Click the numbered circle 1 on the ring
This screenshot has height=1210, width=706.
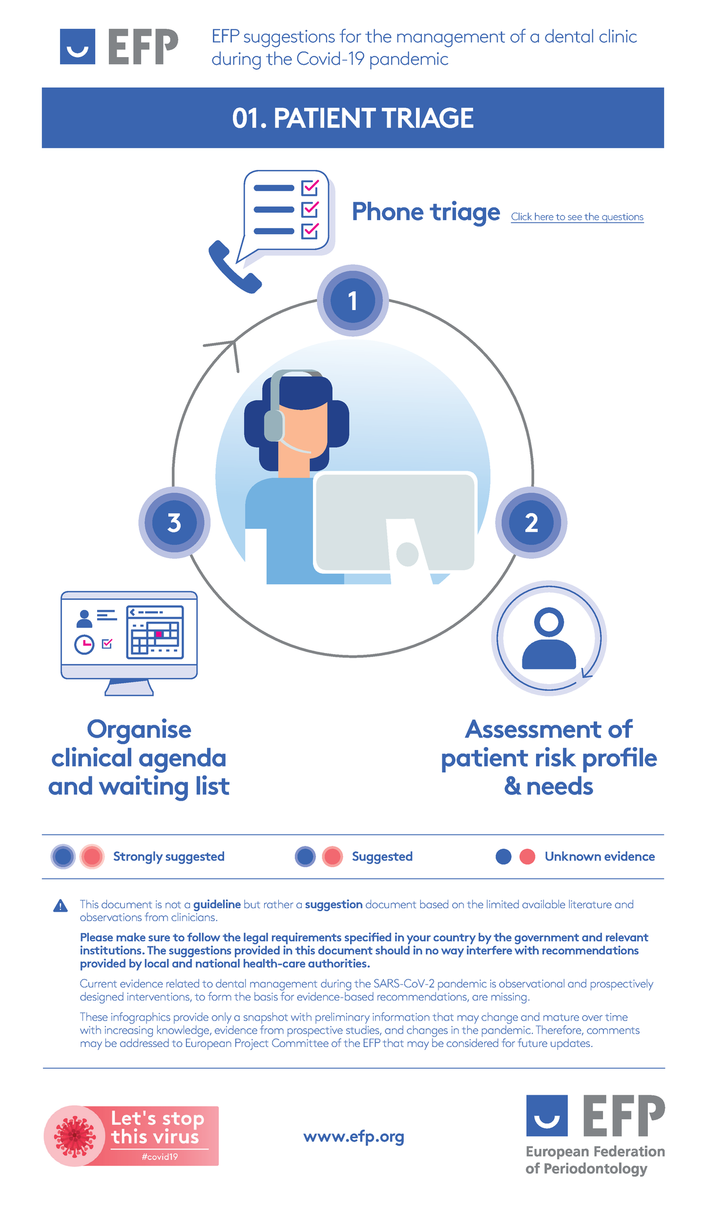pyautogui.click(x=352, y=301)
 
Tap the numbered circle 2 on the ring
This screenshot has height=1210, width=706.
pyautogui.click(x=531, y=522)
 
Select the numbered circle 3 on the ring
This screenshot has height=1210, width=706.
pyautogui.click(x=174, y=522)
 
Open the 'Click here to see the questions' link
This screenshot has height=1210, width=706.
pyautogui.click(x=577, y=217)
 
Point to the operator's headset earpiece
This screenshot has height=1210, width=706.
pyautogui.click(x=274, y=425)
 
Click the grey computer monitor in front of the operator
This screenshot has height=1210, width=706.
pyautogui.click(x=395, y=521)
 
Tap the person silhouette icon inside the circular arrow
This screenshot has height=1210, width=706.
pyautogui.click(x=549, y=639)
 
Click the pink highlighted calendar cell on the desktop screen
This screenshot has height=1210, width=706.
pyautogui.click(x=158, y=634)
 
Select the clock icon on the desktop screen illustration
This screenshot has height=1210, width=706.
pyautogui.click(x=84, y=644)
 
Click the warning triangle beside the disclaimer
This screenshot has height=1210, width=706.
pyautogui.click(x=60, y=906)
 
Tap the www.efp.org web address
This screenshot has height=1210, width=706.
pyautogui.click(x=354, y=1136)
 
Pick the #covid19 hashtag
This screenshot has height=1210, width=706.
pyautogui.click(x=160, y=1157)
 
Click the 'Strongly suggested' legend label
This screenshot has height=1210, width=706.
pyautogui.click(x=169, y=856)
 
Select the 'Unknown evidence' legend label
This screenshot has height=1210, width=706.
pyautogui.click(x=600, y=856)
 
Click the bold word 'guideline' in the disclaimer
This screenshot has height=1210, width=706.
pyautogui.click(x=217, y=904)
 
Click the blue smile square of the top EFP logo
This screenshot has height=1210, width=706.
pyautogui.click(x=77, y=46)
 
